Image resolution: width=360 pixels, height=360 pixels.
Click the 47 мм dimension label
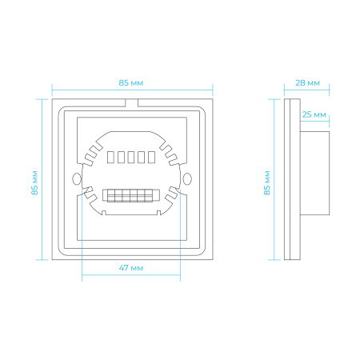(131, 268)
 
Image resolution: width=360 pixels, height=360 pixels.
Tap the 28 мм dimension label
(307, 83)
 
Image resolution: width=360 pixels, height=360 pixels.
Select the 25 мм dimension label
(314, 114)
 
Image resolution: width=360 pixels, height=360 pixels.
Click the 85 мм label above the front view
(131, 83)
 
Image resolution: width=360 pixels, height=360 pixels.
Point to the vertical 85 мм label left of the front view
(34, 183)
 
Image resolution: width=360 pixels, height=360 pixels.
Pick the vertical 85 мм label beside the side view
(267, 183)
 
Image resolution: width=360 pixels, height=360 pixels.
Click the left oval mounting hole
(77, 178)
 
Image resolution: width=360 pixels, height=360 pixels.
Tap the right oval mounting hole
(187, 178)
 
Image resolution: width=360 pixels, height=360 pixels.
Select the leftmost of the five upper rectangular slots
(110, 157)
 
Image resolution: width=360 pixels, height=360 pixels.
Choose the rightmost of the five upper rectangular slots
(151, 157)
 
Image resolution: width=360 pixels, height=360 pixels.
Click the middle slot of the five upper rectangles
(131, 157)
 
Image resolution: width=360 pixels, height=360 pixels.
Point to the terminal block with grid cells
(131, 195)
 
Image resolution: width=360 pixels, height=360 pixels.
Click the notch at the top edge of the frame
(131, 103)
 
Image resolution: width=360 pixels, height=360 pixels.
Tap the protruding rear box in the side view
(314, 173)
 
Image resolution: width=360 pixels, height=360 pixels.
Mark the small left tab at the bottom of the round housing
(104, 213)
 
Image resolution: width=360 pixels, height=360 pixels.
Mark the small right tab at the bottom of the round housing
(158, 213)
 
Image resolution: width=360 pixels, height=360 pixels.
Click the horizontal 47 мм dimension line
(131, 274)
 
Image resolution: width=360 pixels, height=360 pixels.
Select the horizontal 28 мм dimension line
(306, 90)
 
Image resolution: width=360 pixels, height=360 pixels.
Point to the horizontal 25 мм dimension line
(314, 121)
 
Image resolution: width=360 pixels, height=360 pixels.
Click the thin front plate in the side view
(287, 179)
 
